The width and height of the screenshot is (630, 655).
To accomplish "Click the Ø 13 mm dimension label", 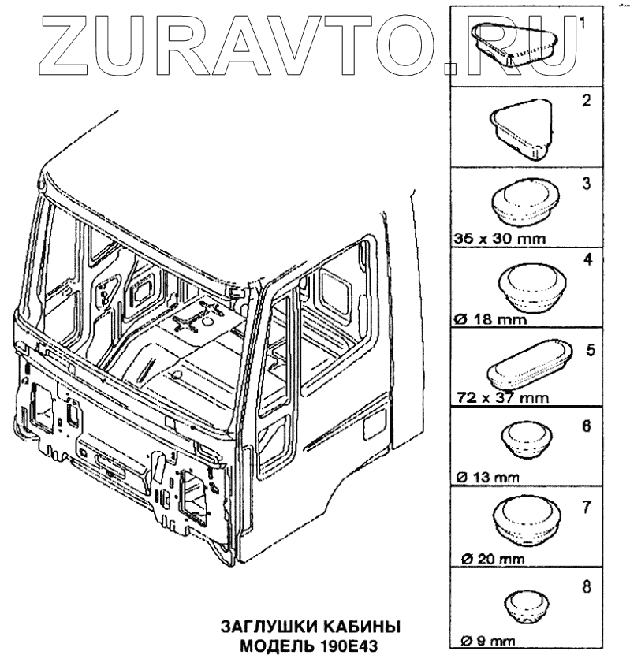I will [486, 477].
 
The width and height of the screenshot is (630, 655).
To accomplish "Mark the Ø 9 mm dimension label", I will [483, 639].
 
